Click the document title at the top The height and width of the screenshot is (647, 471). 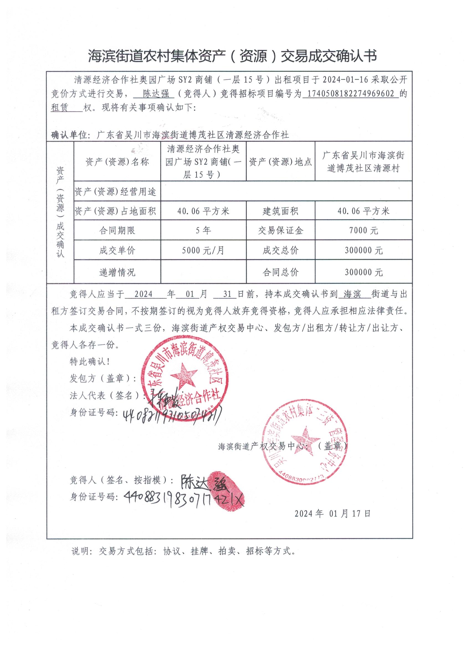click(x=232, y=56)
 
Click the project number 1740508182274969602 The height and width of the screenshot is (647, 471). click(x=350, y=94)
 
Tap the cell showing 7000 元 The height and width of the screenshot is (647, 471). click(x=363, y=230)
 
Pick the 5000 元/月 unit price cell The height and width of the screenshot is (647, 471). click(x=203, y=250)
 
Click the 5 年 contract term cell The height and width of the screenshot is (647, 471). click(x=203, y=230)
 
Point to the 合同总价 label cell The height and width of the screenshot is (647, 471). click(x=280, y=272)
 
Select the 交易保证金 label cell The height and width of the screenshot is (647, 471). click(x=280, y=230)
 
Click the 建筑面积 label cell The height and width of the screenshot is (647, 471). click(x=280, y=211)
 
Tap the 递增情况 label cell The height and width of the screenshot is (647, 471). click(x=117, y=272)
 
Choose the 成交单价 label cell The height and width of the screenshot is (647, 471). click(x=117, y=250)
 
